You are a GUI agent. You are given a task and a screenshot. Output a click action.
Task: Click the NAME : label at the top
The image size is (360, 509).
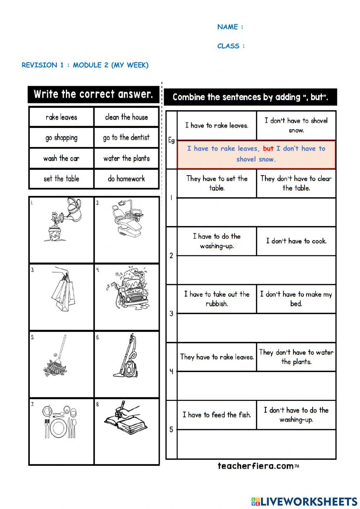[x=230, y=27]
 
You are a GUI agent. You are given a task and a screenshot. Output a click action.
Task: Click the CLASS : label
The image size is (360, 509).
[x=231, y=46]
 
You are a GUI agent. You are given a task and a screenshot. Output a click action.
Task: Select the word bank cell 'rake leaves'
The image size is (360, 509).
[x=61, y=117]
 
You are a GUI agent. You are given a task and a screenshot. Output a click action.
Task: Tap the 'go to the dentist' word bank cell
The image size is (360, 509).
[x=126, y=138]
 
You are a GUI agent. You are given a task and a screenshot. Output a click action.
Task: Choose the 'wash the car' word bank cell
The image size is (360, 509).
[x=61, y=158]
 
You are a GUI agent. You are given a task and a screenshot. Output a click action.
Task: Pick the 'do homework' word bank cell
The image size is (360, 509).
[x=126, y=179]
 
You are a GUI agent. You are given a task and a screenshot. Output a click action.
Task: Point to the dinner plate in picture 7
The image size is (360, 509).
[x=58, y=428]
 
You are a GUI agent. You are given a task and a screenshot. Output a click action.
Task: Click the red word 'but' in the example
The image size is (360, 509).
[x=268, y=148]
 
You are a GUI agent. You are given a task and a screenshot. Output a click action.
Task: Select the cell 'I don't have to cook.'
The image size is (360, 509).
[x=296, y=241]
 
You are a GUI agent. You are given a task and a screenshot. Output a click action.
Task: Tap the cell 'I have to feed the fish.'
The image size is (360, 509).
[x=216, y=415]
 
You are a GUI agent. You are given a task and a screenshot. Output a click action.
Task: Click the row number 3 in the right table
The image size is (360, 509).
[x=171, y=314]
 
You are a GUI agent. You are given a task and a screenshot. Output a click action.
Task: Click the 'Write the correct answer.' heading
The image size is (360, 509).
[x=93, y=94]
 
